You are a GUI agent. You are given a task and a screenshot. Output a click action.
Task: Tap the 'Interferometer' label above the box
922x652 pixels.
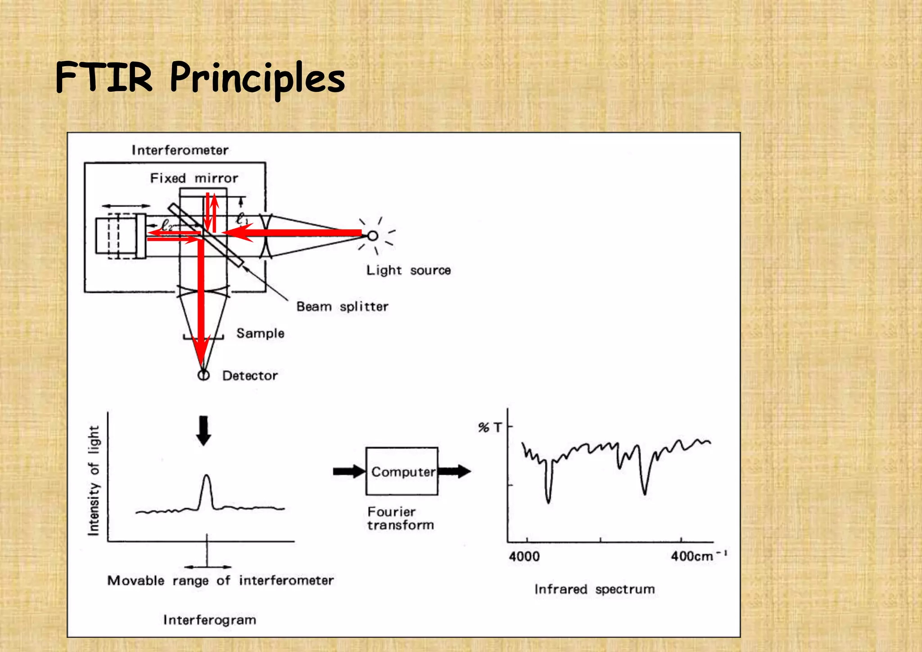[x=180, y=150]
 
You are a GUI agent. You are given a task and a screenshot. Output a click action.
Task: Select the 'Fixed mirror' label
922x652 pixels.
[x=194, y=178]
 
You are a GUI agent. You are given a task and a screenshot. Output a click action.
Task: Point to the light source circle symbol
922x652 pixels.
[x=373, y=235]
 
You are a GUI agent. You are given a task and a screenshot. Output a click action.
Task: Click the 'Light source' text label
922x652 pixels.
[x=408, y=270]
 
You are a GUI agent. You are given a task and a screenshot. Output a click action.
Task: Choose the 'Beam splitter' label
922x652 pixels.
[x=342, y=307]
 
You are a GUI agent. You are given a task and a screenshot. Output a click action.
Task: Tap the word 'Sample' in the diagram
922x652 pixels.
[x=260, y=333]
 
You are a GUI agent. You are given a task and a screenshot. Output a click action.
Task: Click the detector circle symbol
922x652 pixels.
[x=203, y=375]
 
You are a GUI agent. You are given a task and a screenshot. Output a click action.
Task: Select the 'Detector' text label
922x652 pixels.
[x=250, y=376]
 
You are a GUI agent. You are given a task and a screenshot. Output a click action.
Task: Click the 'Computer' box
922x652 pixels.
[x=402, y=471]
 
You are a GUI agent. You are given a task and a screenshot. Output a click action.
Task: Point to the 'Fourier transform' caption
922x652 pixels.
[x=400, y=518]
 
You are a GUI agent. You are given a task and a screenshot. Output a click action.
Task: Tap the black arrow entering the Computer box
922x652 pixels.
[x=349, y=471]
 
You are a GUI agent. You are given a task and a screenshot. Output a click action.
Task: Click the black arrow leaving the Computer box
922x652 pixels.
[x=454, y=471]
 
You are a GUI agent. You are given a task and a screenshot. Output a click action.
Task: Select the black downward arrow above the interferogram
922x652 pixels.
[x=204, y=430]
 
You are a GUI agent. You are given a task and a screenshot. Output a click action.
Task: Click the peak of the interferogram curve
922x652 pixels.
[x=206, y=476]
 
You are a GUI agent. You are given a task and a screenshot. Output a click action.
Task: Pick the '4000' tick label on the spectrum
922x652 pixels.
[x=524, y=557]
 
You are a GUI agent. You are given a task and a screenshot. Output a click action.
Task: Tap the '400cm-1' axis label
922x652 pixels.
[x=698, y=556]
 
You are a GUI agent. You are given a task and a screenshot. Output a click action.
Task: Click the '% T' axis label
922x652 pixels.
[x=489, y=427]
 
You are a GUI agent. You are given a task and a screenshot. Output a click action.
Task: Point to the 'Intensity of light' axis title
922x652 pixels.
[x=94, y=480]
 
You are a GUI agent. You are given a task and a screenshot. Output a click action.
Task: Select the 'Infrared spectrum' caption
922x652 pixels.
[x=594, y=589]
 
